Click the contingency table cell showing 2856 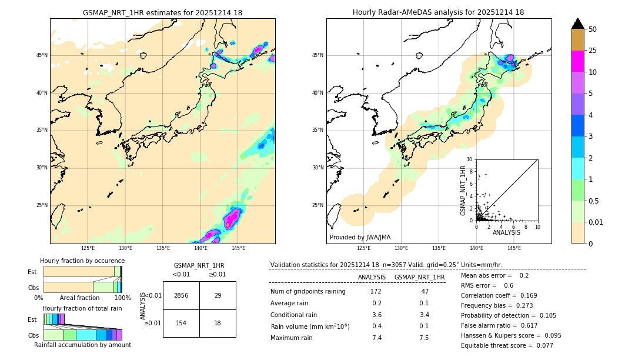coord(181,295)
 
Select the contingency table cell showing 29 coord(218,295)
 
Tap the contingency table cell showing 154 coord(181,323)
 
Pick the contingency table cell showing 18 coord(218,323)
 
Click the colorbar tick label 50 coord(593,29)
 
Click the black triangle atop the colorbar coord(578,24)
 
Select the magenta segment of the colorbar coord(578,61)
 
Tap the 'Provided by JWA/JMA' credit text coord(360,238)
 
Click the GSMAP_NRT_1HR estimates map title coord(162,12)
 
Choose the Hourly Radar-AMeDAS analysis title coord(438,12)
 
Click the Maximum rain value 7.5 coord(423,338)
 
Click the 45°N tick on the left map coord(42,55)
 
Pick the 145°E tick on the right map coord(514,248)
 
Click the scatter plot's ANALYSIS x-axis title coord(506,232)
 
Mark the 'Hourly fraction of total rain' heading coord(82,309)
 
